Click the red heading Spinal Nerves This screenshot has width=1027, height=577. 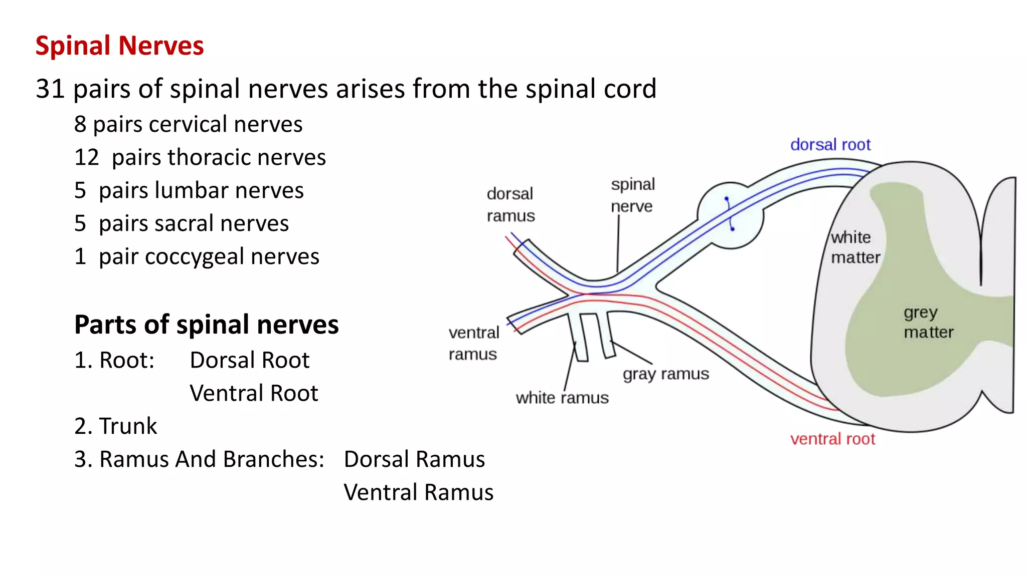pos(119,46)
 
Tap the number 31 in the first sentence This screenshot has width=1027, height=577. pos(50,89)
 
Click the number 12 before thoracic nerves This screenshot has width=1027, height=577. pos(86,157)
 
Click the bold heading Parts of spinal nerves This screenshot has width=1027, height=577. pos(206,325)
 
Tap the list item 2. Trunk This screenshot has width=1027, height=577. pos(115,426)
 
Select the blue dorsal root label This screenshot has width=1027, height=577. pos(830,145)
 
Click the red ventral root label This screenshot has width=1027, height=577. pos(832,439)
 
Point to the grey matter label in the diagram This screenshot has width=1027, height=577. pos(928,322)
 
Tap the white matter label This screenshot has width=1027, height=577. pos(854,247)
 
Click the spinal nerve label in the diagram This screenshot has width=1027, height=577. pos(632,195)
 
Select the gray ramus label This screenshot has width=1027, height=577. pos(665,374)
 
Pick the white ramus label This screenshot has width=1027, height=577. pos(562,398)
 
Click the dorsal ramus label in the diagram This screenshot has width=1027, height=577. pos(510,204)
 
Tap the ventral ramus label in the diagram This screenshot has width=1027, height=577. pos(473,343)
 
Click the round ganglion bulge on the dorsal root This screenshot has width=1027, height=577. pos(730,215)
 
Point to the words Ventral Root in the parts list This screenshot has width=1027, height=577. pos(254,393)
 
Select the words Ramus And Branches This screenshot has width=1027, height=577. pos(212,459)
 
